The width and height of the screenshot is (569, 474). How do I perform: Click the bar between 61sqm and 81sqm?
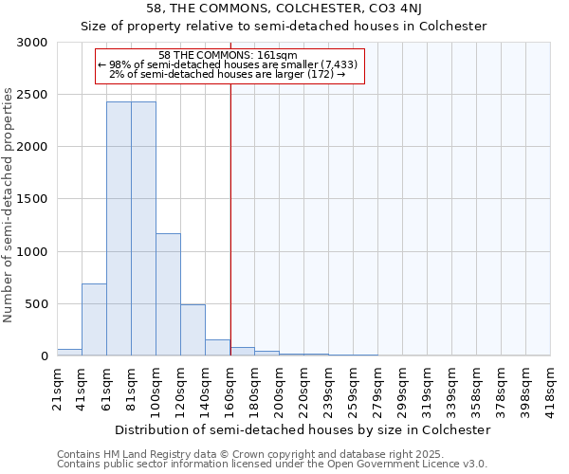point(119,228)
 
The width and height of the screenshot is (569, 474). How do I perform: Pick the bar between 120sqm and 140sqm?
point(193,330)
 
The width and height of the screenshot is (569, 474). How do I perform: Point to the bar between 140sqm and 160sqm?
point(217,347)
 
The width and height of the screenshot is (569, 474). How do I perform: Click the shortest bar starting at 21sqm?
point(69,352)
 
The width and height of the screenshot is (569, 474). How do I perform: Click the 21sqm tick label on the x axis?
point(57,387)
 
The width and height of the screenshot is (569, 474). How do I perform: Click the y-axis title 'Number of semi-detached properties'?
point(9,205)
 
